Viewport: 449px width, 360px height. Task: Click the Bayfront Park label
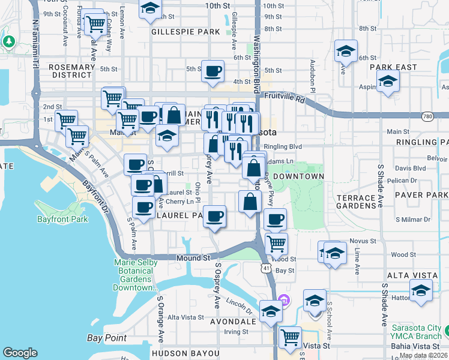click(x=62, y=220)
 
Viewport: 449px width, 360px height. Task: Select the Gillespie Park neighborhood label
click(x=186, y=31)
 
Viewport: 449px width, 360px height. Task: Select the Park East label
click(x=393, y=67)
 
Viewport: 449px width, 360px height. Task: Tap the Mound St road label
click(x=193, y=258)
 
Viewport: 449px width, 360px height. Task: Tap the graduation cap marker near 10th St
click(x=150, y=8)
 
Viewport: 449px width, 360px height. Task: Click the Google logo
click(x=20, y=353)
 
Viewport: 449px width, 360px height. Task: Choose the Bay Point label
click(x=107, y=338)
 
